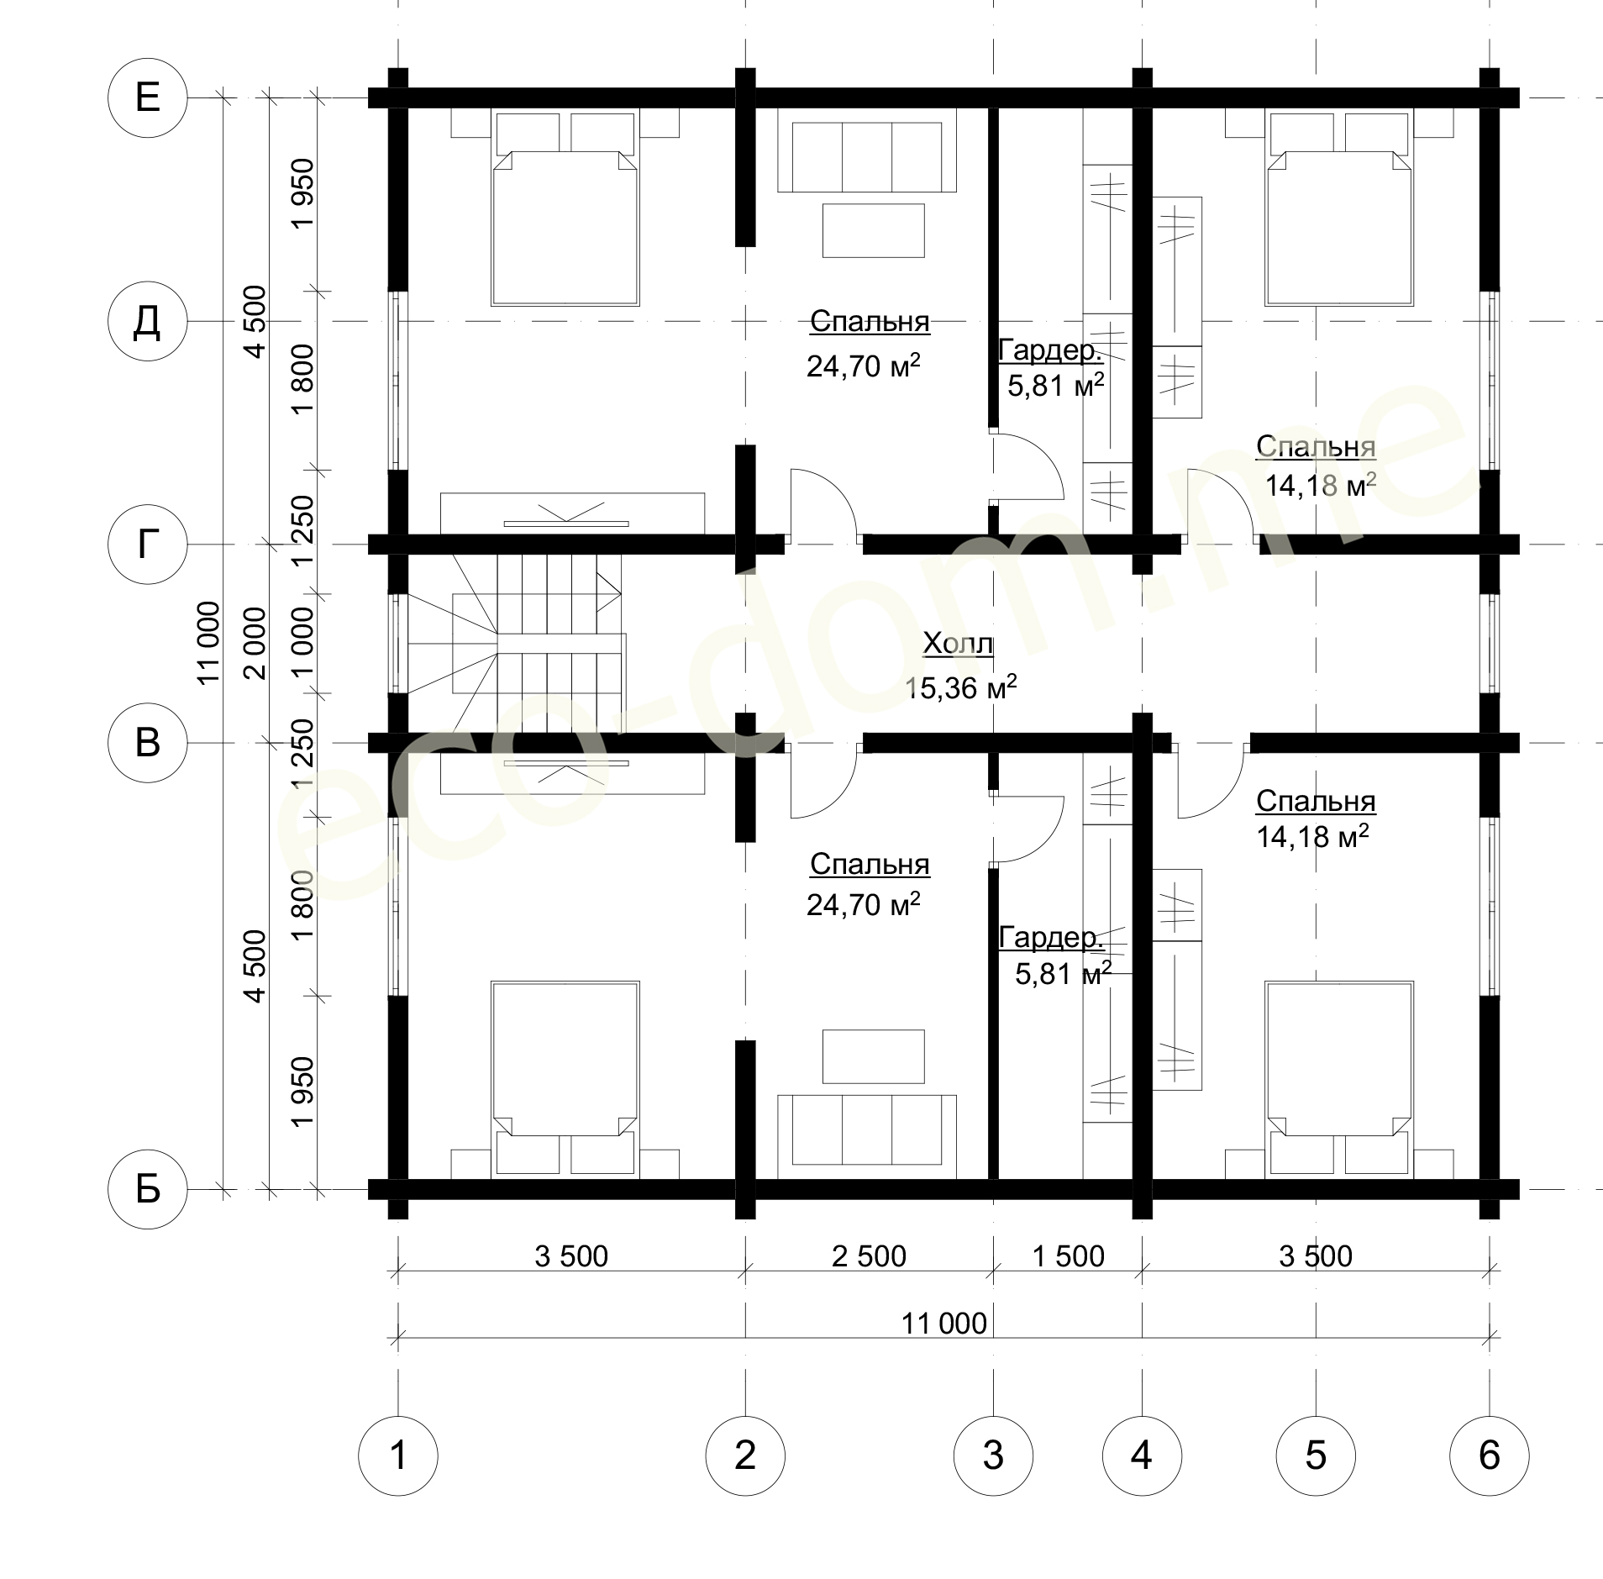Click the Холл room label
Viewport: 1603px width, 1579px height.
(x=958, y=645)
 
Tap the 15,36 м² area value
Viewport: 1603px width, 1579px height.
(x=961, y=687)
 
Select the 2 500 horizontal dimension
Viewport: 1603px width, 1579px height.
(x=869, y=1256)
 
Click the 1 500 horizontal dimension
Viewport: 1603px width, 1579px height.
(x=1068, y=1256)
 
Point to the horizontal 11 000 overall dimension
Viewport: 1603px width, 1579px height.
(x=944, y=1324)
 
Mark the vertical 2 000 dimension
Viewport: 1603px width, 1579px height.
(x=255, y=644)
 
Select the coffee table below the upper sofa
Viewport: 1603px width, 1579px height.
(x=873, y=229)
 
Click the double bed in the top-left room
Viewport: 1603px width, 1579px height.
(x=565, y=208)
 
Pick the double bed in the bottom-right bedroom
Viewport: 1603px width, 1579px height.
(x=1338, y=1078)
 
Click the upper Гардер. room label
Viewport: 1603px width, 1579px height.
(x=1050, y=350)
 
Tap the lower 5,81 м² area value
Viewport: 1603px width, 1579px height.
(x=1063, y=974)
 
